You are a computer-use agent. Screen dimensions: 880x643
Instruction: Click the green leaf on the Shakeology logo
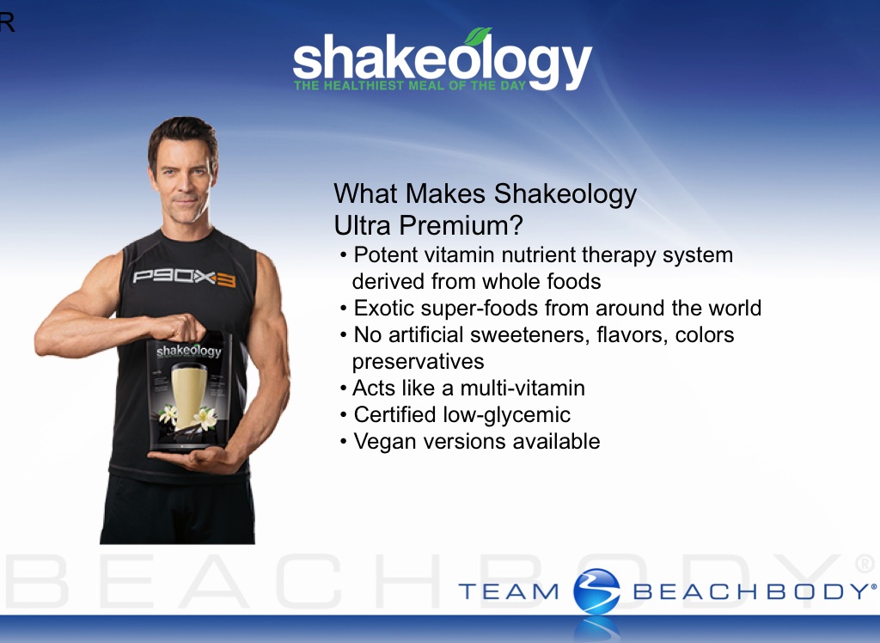pos(478,36)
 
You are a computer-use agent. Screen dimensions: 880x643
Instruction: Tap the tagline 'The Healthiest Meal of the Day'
pos(410,85)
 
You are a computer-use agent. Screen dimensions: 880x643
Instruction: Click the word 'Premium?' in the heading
pos(461,226)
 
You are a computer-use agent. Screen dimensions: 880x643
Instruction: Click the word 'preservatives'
pos(419,362)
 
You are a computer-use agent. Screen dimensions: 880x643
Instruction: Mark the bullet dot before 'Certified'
pos(344,415)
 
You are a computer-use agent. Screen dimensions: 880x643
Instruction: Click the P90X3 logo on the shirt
pos(184,278)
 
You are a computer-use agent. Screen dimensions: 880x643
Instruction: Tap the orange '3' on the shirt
pos(226,279)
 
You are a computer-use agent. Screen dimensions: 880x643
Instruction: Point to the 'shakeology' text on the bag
pos(188,352)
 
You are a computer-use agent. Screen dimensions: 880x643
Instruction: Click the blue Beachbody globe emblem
pos(596,591)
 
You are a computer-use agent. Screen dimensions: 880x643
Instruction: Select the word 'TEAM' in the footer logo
pos(509,592)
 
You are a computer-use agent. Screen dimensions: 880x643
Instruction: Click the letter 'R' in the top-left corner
pos(7,21)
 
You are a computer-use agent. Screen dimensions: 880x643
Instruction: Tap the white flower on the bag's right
pos(205,417)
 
